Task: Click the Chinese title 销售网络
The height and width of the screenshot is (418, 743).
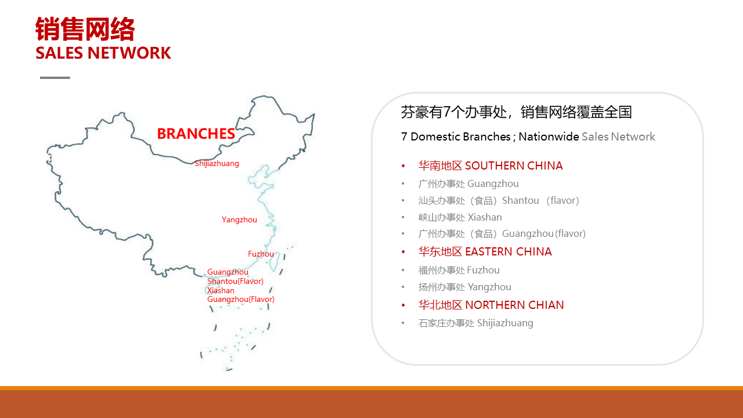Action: coord(85,29)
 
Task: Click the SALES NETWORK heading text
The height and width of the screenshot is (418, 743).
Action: coord(103,53)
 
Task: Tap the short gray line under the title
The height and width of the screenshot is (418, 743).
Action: coord(55,78)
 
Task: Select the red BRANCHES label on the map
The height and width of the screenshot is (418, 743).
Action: coord(196,134)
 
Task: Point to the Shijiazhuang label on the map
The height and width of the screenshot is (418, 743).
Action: coord(217,164)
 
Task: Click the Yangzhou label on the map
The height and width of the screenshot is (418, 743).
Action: coord(239,219)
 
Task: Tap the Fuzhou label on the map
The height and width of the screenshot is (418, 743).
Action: coord(261,254)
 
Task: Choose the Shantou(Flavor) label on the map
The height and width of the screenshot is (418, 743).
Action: coord(235,282)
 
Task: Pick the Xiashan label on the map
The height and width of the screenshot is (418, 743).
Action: coord(221,291)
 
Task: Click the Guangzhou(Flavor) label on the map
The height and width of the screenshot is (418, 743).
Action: coord(241,299)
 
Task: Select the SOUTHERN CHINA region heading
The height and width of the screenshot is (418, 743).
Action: coord(490,165)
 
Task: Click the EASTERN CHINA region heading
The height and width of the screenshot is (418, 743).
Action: coord(485,251)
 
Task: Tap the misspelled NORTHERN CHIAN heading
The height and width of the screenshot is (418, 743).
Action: coord(491,305)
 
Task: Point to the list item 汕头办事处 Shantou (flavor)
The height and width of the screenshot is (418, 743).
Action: coord(499,200)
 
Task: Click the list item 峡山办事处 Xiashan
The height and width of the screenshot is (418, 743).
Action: coord(460,217)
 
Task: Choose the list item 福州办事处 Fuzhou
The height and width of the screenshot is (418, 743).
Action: coord(459,271)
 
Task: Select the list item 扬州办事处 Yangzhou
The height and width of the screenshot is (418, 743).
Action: coord(465,287)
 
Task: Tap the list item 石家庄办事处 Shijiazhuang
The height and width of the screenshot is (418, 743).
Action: coord(475,323)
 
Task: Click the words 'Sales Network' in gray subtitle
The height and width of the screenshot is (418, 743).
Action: coord(618,136)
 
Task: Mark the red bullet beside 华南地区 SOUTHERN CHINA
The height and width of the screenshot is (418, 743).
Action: coord(403,166)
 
